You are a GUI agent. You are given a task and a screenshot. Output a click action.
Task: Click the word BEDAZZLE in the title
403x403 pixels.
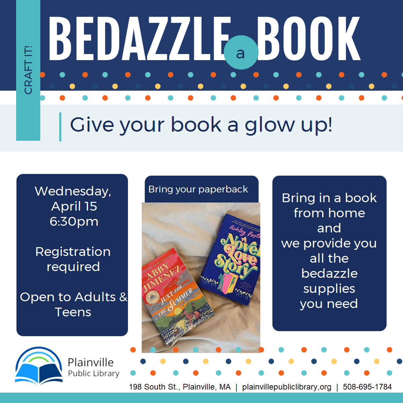(140, 39)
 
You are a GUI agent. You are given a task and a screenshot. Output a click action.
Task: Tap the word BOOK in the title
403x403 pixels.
(309, 39)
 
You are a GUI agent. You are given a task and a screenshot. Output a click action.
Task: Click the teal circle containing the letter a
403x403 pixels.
(241, 52)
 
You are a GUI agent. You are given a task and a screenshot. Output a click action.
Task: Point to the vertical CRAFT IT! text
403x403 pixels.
(28, 70)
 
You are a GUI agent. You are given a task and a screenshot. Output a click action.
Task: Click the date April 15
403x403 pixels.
(74, 207)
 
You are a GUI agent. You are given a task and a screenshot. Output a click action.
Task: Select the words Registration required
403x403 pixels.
(73, 259)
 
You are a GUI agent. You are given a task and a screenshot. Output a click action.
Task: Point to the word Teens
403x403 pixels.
(73, 312)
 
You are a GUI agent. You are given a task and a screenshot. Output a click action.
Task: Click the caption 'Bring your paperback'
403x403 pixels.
(198, 190)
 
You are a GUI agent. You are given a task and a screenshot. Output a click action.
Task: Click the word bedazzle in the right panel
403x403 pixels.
(329, 274)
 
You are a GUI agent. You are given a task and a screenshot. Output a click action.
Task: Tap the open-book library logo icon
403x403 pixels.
(39, 366)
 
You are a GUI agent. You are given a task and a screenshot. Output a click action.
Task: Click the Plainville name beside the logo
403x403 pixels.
(91, 363)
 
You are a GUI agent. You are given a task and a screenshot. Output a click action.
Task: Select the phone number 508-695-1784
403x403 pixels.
(367, 387)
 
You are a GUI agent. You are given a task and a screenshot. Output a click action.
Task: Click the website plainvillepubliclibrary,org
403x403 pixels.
(287, 387)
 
